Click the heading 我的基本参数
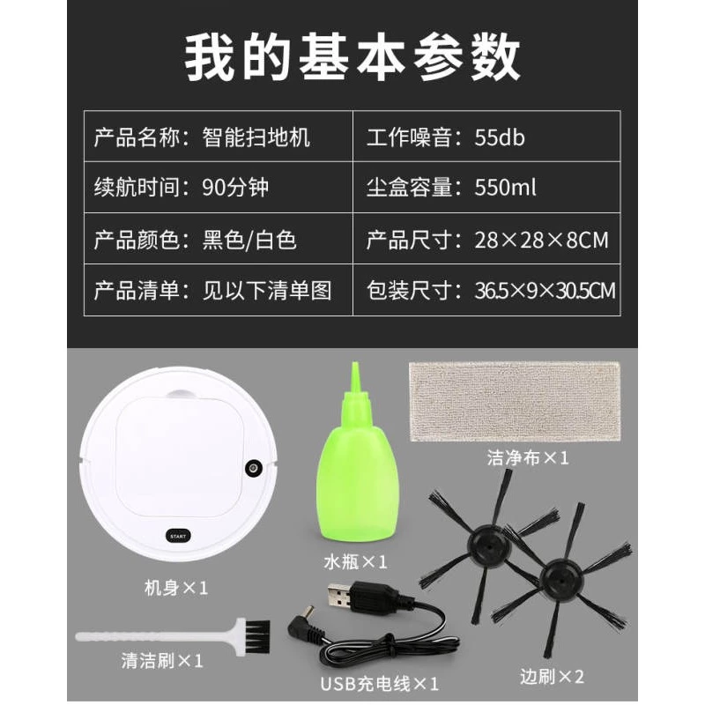[352, 57]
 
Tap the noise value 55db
[500, 137]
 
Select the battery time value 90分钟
[235, 187]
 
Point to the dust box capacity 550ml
[505, 187]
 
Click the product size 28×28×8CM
[541, 240]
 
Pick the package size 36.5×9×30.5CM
[545, 291]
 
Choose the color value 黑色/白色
[249, 239]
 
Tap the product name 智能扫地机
[256, 137]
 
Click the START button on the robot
[178, 537]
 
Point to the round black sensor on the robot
[254, 468]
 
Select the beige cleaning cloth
[515, 402]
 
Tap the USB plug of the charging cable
[340, 597]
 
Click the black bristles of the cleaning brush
[257, 636]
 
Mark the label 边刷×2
[553, 676]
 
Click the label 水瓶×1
[355, 561]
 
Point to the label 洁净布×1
[528, 457]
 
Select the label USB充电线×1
[380, 684]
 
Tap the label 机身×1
[176, 587]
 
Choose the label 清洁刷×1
[162, 660]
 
